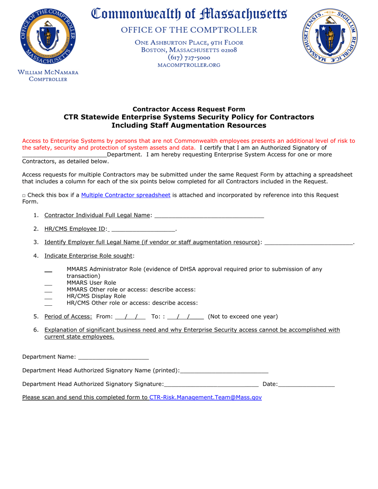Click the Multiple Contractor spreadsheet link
[x=126, y=195]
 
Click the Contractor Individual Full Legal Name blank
[x=209, y=216]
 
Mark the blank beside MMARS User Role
[x=48, y=284]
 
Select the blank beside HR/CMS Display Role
[x=48, y=297]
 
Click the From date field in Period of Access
[x=130, y=317]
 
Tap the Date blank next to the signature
[x=306, y=384]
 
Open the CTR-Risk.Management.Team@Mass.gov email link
[x=205, y=397]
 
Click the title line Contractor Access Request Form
[x=189, y=109]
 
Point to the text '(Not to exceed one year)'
[x=243, y=317]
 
